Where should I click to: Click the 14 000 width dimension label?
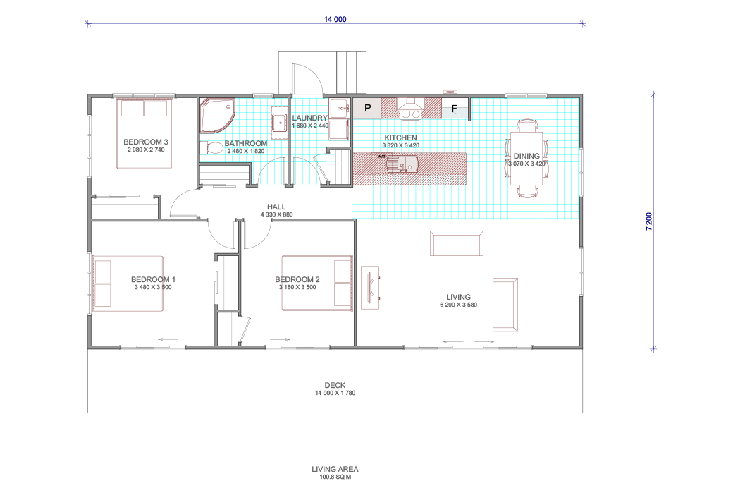pyautogui.click(x=335, y=19)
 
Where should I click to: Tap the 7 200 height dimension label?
pyautogui.click(x=649, y=221)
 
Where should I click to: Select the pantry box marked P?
pyautogui.click(x=367, y=108)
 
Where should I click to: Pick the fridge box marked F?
pyautogui.click(x=455, y=109)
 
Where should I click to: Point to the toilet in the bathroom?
pyautogui.click(x=211, y=148)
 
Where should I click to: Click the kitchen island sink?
pyautogui.click(x=402, y=164)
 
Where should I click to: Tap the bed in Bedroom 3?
pyautogui.click(x=144, y=133)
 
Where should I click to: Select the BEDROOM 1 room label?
pyautogui.click(x=153, y=279)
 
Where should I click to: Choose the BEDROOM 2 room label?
pyautogui.click(x=297, y=279)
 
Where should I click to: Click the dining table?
pyautogui.click(x=526, y=159)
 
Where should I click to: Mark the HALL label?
pyautogui.click(x=276, y=207)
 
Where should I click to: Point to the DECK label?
pyautogui.click(x=335, y=385)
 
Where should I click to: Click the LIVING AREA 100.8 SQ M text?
pyautogui.click(x=335, y=472)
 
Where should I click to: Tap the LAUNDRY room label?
pyautogui.click(x=309, y=118)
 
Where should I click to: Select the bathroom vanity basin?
pyautogui.click(x=280, y=123)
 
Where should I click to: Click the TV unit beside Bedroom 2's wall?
pyautogui.click(x=370, y=288)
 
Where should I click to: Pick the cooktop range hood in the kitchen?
pyautogui.click(x=410, y=108)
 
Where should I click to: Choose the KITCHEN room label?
pyautogui.click(x=400, y=138)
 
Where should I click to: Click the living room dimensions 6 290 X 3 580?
pyautogui.click(x=458, y=305)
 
